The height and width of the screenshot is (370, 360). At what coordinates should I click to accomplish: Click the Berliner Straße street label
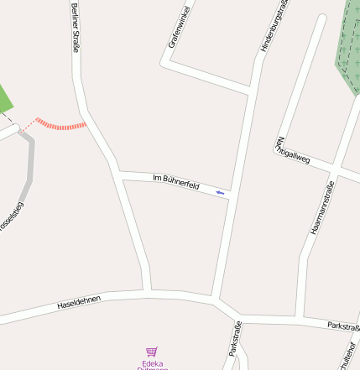(76, 28)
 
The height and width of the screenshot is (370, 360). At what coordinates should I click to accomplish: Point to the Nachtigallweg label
(293, 149)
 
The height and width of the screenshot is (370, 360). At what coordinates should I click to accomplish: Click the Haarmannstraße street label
(322, 206)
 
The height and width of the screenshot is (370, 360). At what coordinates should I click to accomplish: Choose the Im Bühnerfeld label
(175, 180)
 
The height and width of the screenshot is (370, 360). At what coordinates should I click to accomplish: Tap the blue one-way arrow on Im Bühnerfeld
(221, 194)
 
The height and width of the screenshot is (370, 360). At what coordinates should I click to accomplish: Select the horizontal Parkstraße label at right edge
(343, 326)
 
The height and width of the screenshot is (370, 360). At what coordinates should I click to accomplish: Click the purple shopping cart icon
(151, 353)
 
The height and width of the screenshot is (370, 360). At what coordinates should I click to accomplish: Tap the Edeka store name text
(152, 365)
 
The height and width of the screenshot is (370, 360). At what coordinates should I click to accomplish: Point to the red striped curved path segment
(61, 125)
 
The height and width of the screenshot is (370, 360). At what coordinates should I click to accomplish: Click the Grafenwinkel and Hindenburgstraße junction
(249, 88)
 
